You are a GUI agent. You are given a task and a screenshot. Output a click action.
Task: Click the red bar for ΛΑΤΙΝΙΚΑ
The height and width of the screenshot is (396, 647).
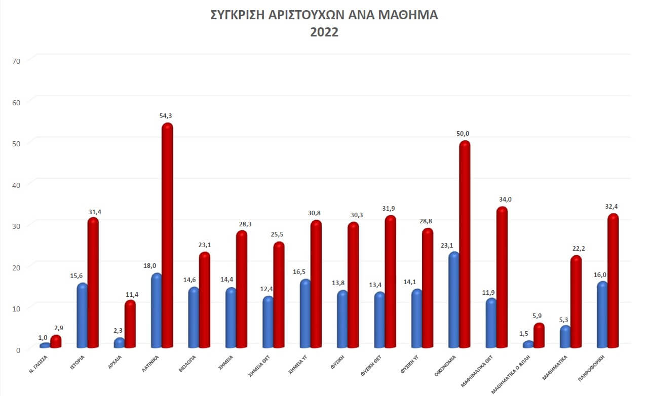click(167, 235)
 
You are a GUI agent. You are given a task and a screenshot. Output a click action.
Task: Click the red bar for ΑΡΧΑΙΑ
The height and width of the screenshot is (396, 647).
click(130, 324)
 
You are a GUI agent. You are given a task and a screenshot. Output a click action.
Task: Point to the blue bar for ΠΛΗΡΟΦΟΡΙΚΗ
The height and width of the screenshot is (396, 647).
click(602, 314)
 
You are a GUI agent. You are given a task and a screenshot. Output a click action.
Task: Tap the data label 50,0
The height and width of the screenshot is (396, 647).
click(463, 134)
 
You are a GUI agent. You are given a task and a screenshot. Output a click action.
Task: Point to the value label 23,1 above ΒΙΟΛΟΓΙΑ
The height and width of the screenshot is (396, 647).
click(204, 245)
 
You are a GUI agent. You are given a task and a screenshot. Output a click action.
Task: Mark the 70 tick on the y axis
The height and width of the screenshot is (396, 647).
click(16, 61)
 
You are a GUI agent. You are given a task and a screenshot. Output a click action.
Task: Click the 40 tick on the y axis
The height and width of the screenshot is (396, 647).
click(16, 185)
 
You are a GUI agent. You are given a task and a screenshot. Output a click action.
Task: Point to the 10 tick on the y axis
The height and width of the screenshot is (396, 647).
click(16, 308)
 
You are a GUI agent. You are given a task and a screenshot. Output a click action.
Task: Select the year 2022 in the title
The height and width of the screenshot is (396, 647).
click(324, 32)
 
